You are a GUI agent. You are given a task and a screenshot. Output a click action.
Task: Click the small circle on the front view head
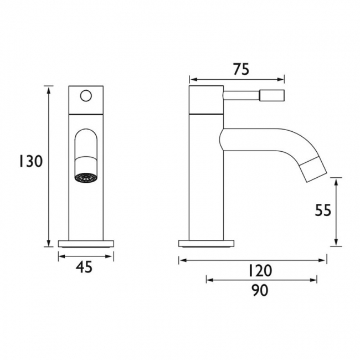[86, 96]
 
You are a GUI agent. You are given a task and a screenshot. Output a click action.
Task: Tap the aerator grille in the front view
[85, 178]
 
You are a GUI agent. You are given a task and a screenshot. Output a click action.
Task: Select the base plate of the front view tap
[86, 243]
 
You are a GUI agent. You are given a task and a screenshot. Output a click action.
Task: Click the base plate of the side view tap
[206, 243]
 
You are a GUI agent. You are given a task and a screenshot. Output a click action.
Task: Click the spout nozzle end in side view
[315, 169]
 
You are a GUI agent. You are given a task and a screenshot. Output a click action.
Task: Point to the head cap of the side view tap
[206, 100]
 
